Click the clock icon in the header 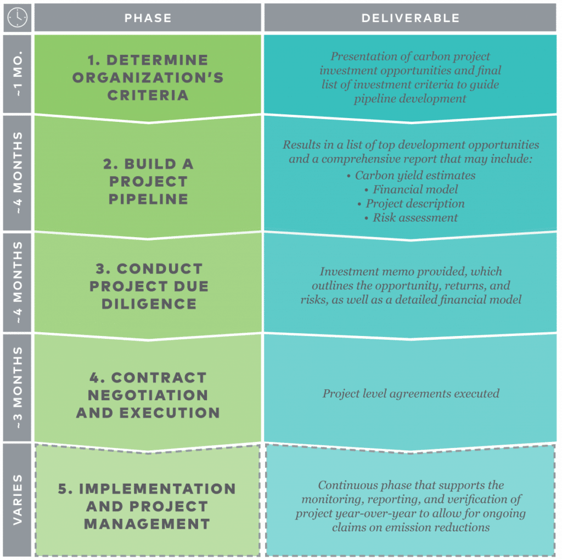coord(17,17)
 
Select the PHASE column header coord(148,18)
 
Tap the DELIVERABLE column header coord(411,18)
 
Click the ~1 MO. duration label coord(18,74)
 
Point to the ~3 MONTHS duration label coord(18,388)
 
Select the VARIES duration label coord(18,500)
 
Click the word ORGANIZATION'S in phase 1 coord(148,77)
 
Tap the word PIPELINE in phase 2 coord(148,199)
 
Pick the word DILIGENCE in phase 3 coord(149,304)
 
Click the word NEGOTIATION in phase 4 coord(148,395)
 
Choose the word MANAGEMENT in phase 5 coord(147,524)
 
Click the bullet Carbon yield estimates coord(412,175)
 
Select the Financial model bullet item coord(412,189)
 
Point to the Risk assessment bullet coord(412,217)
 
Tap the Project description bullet coord(412,204)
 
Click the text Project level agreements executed coord(411,394)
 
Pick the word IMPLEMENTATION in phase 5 coord(147,489)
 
